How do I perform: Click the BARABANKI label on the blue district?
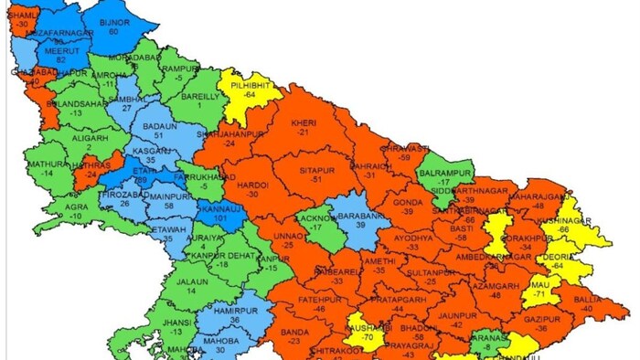[360, 215]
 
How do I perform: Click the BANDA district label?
[293, 331]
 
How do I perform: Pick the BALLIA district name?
[587, 300]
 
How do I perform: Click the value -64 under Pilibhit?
[250, 94]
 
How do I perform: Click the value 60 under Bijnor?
[113, 31]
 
